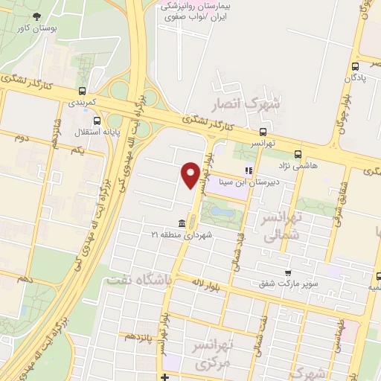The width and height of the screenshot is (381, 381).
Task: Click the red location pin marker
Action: [190, 175]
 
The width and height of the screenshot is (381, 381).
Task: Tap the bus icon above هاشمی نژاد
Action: [298, 155]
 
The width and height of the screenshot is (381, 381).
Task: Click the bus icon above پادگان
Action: [356, 65]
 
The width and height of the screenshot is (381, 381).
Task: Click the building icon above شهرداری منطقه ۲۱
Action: [182, 223]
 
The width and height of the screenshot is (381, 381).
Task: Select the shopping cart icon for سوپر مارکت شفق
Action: [287, 273]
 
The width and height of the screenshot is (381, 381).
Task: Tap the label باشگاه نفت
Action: [138, 280]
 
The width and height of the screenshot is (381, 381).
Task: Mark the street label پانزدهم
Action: [139, 336]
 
